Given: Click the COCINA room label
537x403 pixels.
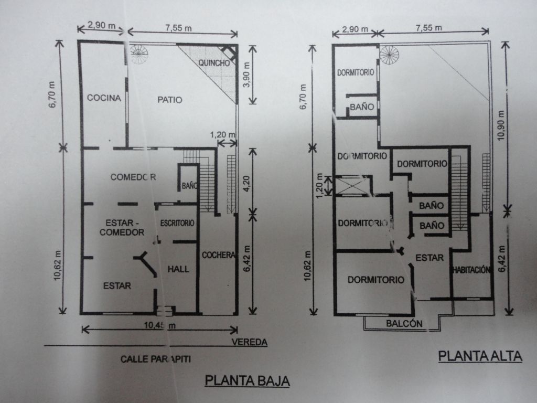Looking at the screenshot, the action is pyautogui.click(x=104, y=98).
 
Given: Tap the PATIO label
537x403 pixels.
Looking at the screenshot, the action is pyautogui.click(x=170, y=100).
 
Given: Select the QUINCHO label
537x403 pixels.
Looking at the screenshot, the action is pyautogui.click(x=214, y=63).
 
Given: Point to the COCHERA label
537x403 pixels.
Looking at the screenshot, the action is pyautogui.click(x=219, y=255).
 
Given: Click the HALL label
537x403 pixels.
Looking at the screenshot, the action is pyautogui.click(x=178, y=269).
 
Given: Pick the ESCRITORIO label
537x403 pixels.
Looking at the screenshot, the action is pyautogui.click(x=177, y=223).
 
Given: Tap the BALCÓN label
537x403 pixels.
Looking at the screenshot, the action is pyautogui.click(x=404, y=323).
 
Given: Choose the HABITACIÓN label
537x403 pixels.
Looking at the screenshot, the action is pyautogui.click(x=471, y=270).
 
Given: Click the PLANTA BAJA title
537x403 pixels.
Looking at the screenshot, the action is pyautogui.click(x=248, y=381).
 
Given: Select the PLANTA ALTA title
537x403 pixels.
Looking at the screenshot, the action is pyautogui.click(x=480, y=356).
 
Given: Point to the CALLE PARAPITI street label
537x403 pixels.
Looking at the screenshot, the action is pyautogui.click(x=155, y=359).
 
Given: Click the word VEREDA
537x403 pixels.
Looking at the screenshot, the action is pyautogui.click(x=249, y=342).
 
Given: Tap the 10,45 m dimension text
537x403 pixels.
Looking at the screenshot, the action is pyautogui.click(x=159, y=325).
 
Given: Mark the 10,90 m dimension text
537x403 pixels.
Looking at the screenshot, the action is pyautogui.click(x=501, y=125).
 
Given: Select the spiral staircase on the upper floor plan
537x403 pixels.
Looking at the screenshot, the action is pyautogui.click(x=390, y=55).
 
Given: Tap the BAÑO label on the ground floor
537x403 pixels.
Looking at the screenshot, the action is pyautogui.click(x=189, y=186).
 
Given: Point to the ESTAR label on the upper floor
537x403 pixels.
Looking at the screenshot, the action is pyautogui.click(x=429, y=258).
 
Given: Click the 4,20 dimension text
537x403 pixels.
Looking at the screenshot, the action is pyautogui.click(x=246, y=183).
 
